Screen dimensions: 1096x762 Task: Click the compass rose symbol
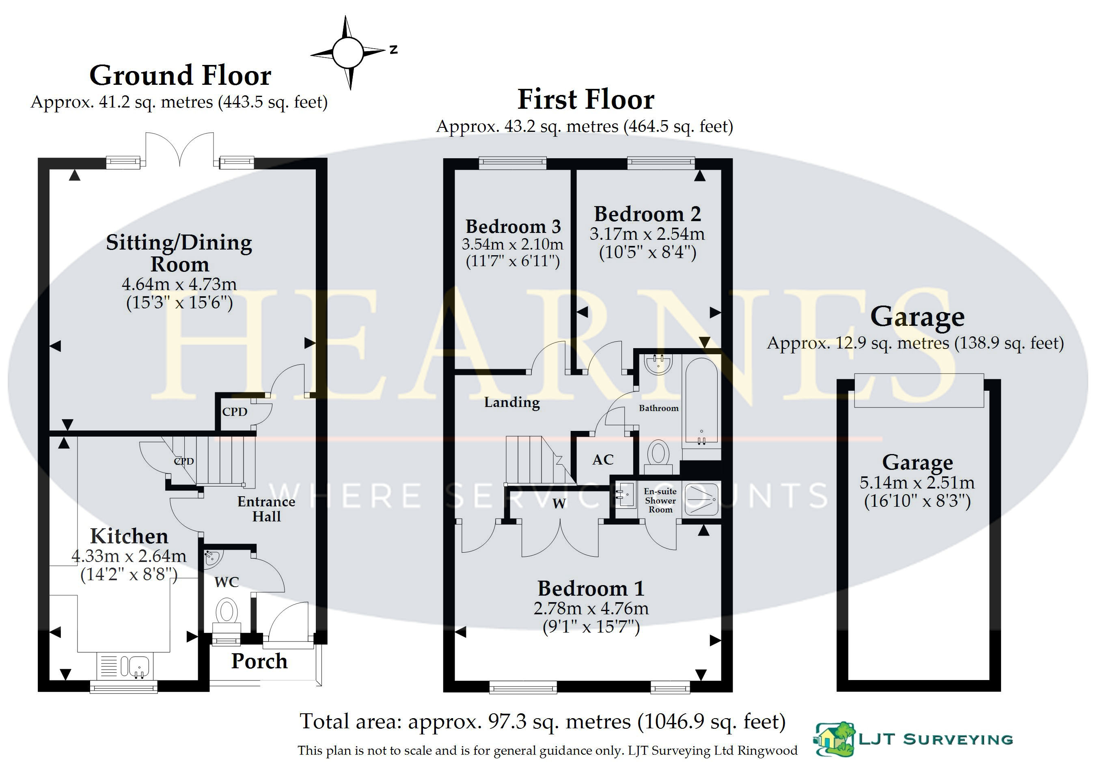(x=348, y=52)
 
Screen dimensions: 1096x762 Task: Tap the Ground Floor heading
(x=181, y=75)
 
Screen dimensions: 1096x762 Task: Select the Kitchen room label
(x=129, y=536)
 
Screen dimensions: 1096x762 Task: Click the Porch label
(x=259, y=662)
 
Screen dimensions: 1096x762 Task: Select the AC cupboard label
(x=603, y=459)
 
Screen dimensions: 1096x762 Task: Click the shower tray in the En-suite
(x=701, y=499)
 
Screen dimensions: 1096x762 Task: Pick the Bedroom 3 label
(x=513, y=226)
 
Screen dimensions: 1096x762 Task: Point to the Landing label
(x=512, y=402)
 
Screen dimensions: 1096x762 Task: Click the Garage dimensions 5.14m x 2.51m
(x=917, y=482)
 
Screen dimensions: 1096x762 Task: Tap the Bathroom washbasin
(x=659, y=364)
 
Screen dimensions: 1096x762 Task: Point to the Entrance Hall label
(x=266, y=509)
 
